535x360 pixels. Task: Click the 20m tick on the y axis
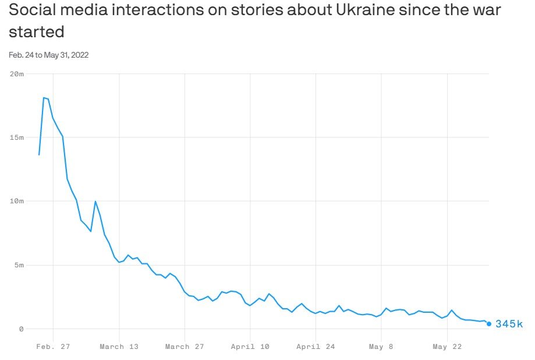click(x=17, y=74)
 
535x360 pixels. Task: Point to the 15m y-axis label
click(x=17, y=137)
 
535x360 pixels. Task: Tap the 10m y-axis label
click(x=17, y=201)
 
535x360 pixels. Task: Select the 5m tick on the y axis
click(x=19, y=265)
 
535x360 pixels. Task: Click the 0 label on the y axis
click(x=21, y=329)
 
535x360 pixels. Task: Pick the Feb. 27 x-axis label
click(x=53, y=347)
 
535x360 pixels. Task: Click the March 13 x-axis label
click(x=119, y=347)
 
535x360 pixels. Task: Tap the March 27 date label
click(x=185, y=347)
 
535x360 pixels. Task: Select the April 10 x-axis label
click(x=250, y=347)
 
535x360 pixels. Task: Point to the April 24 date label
click(x=316, y=347)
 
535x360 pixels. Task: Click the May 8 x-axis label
click(x=381, y=347)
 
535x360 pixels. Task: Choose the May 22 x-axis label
click(x=447, y=347)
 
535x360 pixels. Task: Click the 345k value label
click(x=509, y=324)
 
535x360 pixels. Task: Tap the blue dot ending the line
click(x=489, y=324)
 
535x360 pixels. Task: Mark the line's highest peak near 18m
click(x=44, y=98)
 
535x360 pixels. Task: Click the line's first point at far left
click(x=39, y=154)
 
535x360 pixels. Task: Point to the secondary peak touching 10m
click(x=95, y=202)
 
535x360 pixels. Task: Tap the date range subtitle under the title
click(x=48, y=55)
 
